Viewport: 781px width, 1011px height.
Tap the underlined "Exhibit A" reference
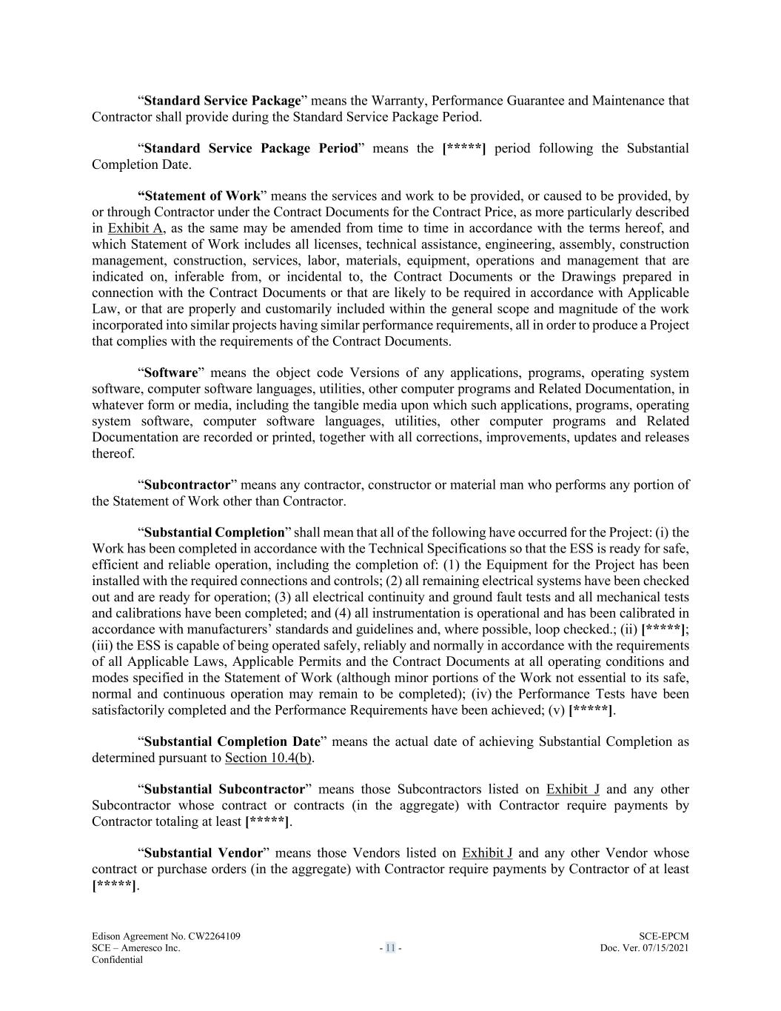[x=135, y=228]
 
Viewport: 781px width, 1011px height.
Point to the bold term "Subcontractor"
[x=187, y=485]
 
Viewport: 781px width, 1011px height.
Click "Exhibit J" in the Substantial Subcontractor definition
[x=572, y=790]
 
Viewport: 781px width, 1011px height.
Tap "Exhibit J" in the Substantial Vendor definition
[x=487, y=853]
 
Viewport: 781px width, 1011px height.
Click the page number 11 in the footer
[x=390, y=948]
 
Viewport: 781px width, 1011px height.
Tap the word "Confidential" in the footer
[x=117, y=960]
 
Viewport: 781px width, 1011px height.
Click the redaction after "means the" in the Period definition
[x=463, y=148]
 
